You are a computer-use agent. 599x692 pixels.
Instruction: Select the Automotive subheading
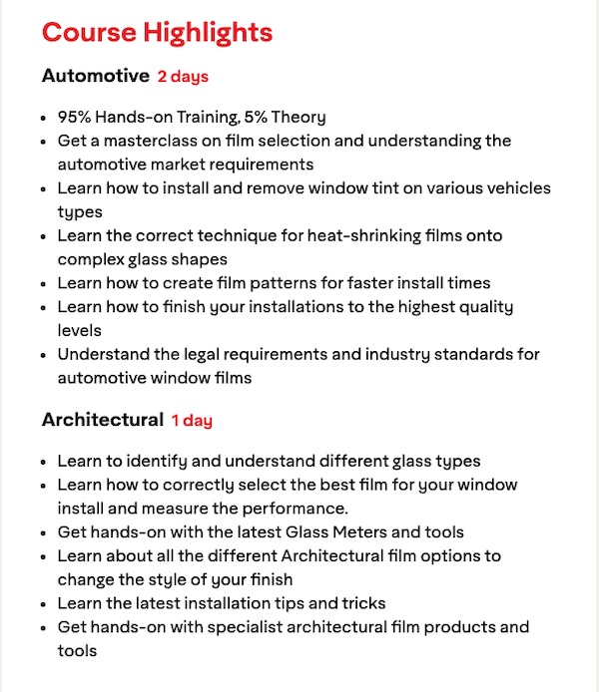click(94, 76)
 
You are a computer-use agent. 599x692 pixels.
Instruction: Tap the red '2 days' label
click(183, 77)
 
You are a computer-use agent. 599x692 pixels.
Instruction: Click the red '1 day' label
click(192, 421)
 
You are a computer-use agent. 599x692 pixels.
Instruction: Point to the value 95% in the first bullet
click(74, 117)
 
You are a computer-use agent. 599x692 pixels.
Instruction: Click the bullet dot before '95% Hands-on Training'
click(44, 118)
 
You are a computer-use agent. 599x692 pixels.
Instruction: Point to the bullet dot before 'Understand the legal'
click(44, 355)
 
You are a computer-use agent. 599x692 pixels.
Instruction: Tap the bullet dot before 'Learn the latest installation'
click(44, 603)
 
